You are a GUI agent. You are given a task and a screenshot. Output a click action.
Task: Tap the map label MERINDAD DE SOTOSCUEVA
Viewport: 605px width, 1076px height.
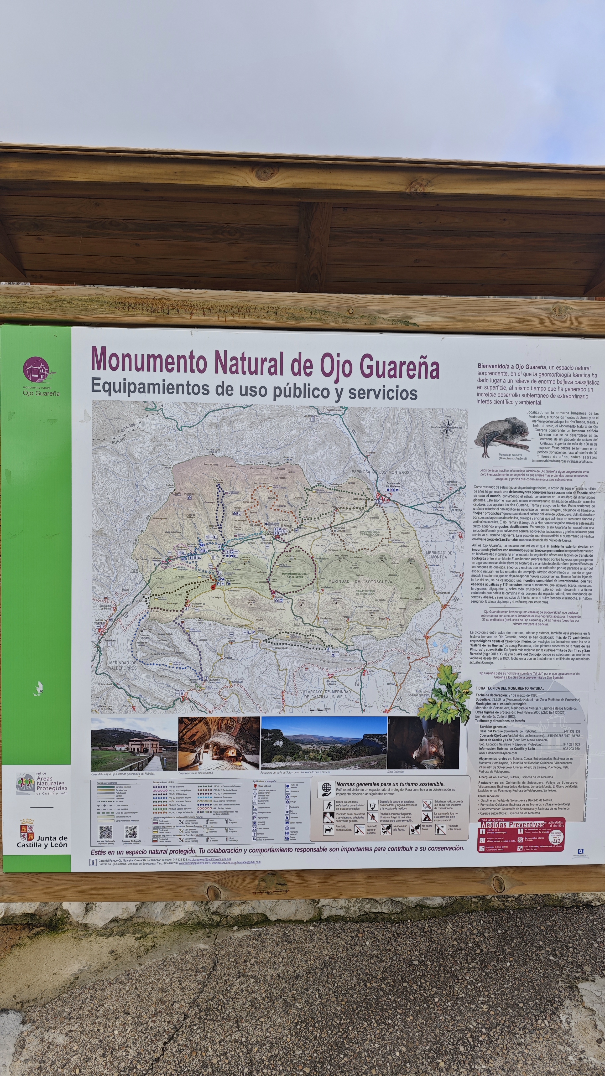coord(360,581)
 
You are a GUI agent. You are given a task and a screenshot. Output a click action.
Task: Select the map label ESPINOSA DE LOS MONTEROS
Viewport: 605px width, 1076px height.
coord(380,472)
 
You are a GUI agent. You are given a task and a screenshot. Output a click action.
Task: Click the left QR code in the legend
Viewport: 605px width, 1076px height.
coord(105,832)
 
